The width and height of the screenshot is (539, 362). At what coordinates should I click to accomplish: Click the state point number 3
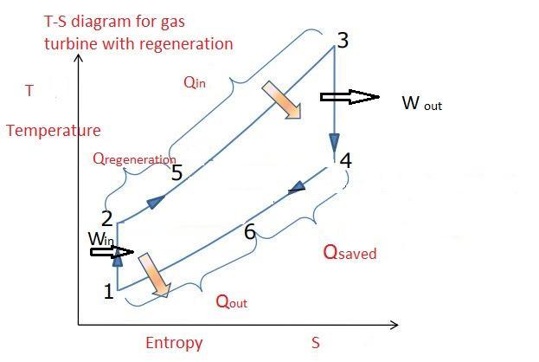pyautogui.click(x=343, y=39)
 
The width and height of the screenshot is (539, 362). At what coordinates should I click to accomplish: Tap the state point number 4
pyautogui.click(x=346, y=161)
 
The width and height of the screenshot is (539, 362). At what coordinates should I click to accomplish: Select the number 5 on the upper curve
pyautogui.click(x=176, y=173)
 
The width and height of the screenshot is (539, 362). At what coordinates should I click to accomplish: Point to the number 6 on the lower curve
pyautogui.click(x=249, y=232)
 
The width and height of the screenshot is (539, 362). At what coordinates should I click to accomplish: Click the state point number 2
pyautogui.click(x=106, y=219)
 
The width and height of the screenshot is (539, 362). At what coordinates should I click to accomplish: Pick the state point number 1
pyautogui.click(x=108, y=292)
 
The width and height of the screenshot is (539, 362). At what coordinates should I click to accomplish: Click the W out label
pyautogui.click(x=422, y=104)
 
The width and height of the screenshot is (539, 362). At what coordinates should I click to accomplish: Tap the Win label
pyautogui.click(x=101, y=237)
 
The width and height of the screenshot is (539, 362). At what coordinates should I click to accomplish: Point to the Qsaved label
pyautogui.click(x=350, y=252)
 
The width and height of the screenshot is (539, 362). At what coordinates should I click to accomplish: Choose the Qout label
pyautogui.click(x=231, y=301)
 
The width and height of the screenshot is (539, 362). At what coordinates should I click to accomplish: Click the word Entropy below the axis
pyautogui.click(x=173, y=343)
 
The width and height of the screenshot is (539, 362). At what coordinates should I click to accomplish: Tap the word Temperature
pyautogui.click(x=53, y=131)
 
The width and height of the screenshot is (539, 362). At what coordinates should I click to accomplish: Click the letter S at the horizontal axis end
pyautogui.click(x=316, y=343)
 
